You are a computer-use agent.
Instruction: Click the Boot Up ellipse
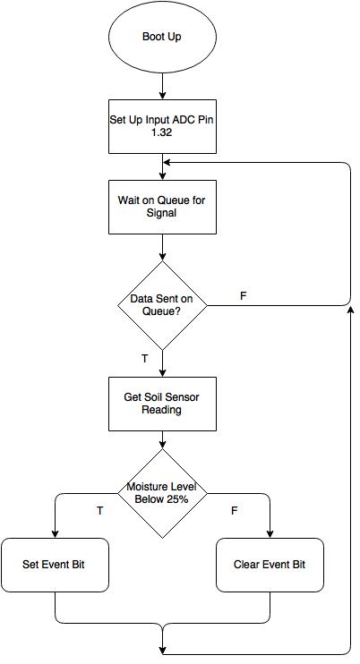(162, 37)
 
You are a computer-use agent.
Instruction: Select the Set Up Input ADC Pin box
(162, 126)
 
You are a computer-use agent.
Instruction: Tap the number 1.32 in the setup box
(162, 132)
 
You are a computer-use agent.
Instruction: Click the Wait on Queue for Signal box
(162, 207)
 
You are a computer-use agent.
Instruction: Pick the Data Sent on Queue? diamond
(162, 305)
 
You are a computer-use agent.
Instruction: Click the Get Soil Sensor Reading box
(162, 404)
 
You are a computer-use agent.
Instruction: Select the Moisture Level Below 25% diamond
(162, 493)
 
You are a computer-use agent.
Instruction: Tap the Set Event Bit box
(55, 565)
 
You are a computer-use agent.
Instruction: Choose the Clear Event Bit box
(270, 565)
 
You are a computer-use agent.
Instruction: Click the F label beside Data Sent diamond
(243, 296)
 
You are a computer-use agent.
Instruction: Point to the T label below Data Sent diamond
(144, 359)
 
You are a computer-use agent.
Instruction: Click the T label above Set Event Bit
(100, 511)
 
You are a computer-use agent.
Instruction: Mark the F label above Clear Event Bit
(235, 511)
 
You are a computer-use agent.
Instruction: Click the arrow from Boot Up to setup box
(162, 87)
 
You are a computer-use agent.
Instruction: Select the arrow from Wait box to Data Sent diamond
(162, 247)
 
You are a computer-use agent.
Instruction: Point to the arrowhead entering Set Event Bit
(55, 534)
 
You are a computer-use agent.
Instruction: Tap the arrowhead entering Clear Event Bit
(270, 534)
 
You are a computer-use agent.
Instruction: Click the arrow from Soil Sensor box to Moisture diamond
(162, 440)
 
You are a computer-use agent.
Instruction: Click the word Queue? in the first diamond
(161, 311)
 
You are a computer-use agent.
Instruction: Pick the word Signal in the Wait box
(161, 213)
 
